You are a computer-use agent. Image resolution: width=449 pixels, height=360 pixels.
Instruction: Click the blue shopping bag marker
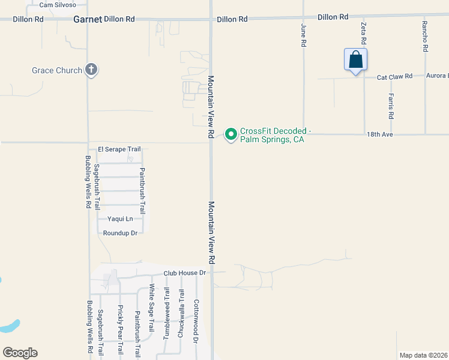[x=355, y=60]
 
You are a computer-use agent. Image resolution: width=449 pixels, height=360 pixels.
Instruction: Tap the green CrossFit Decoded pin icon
[x=231, y=134]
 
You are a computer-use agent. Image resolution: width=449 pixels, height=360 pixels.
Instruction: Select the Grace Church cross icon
[x=91, y=70]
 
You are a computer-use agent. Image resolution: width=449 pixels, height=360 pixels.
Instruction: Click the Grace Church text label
[x=57, y=70]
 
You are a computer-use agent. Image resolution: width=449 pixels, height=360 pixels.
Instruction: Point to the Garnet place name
[x=88, y=19]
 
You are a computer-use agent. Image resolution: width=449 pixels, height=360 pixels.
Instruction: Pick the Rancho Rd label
[x=424, y=36]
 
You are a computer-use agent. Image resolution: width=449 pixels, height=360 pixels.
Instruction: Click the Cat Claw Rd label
[x=394, y=77]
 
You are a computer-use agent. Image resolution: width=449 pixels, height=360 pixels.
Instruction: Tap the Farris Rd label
[x=391, y=106]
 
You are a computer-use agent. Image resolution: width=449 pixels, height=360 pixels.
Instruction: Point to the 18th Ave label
[x=379, y=136]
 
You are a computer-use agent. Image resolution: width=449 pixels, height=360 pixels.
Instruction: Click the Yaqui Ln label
[x=120, y=219]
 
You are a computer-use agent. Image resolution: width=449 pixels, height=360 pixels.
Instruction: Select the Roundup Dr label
[x=120, y=233]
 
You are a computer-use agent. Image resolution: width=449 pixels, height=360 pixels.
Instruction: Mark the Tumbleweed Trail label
[x=167, y=312]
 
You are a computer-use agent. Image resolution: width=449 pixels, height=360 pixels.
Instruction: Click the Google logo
[x=20, y=353]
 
